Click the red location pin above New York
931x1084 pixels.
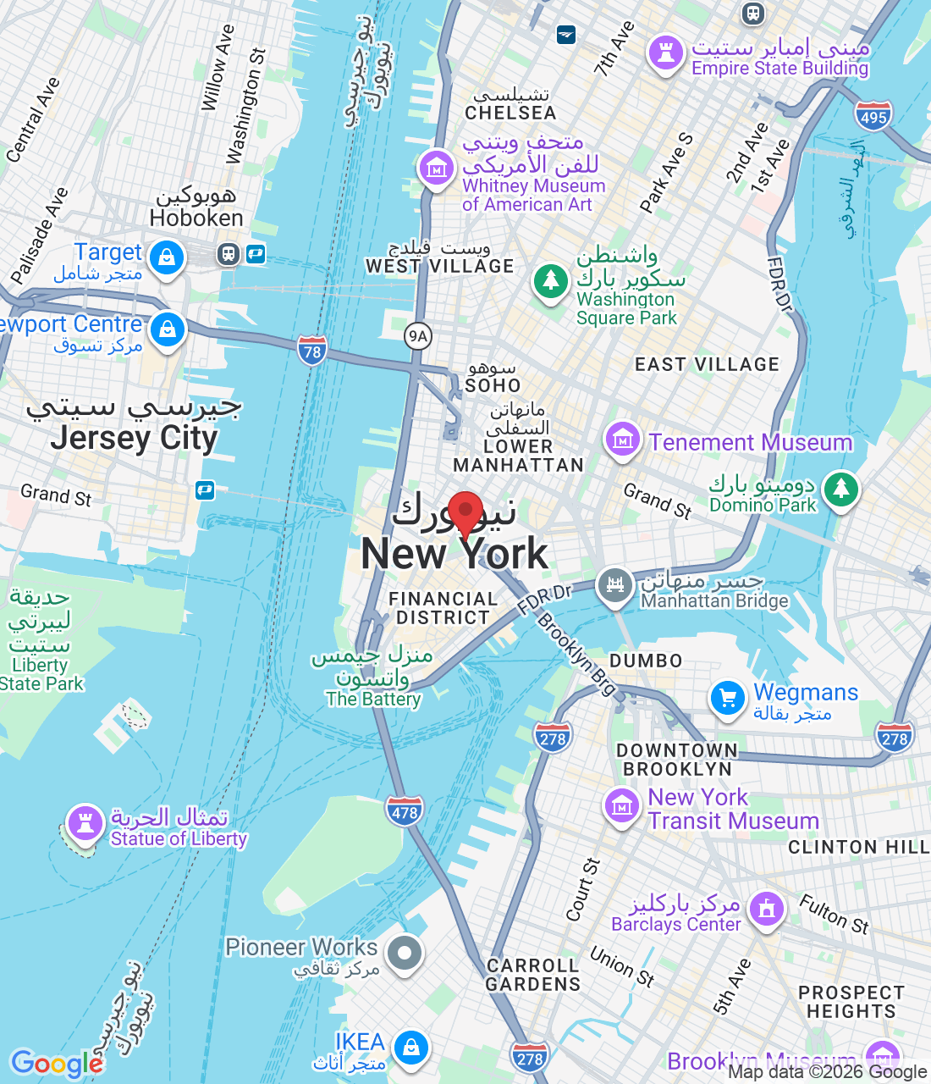pos(465,512)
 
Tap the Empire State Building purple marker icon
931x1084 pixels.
pos(665,53)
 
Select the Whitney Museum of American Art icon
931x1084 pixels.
pos(437,169)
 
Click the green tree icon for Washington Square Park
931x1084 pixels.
pos(551,279)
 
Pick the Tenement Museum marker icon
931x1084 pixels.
pos(623,440)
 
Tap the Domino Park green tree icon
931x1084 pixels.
pos(840,489)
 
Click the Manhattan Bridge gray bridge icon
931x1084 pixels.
pos(615,584)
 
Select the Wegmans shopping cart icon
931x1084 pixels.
pos(727,699)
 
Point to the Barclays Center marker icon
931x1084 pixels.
pos(767,910)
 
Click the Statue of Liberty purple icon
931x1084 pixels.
pos(85,822)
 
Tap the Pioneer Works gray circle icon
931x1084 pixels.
pos(405,953)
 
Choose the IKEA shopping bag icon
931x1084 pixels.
pos(411,1048)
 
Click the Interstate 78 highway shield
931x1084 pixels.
pos(312,351)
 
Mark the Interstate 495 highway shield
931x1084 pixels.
pos(873,116)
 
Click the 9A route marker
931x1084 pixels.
pos(418,336)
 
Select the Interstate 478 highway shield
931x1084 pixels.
pos(405,811)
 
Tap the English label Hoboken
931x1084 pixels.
pos(196,218)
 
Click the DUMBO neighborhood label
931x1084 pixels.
pos(646,661)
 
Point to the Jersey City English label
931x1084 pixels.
pos(134,439)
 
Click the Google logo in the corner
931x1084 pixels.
pos(57,1064)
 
